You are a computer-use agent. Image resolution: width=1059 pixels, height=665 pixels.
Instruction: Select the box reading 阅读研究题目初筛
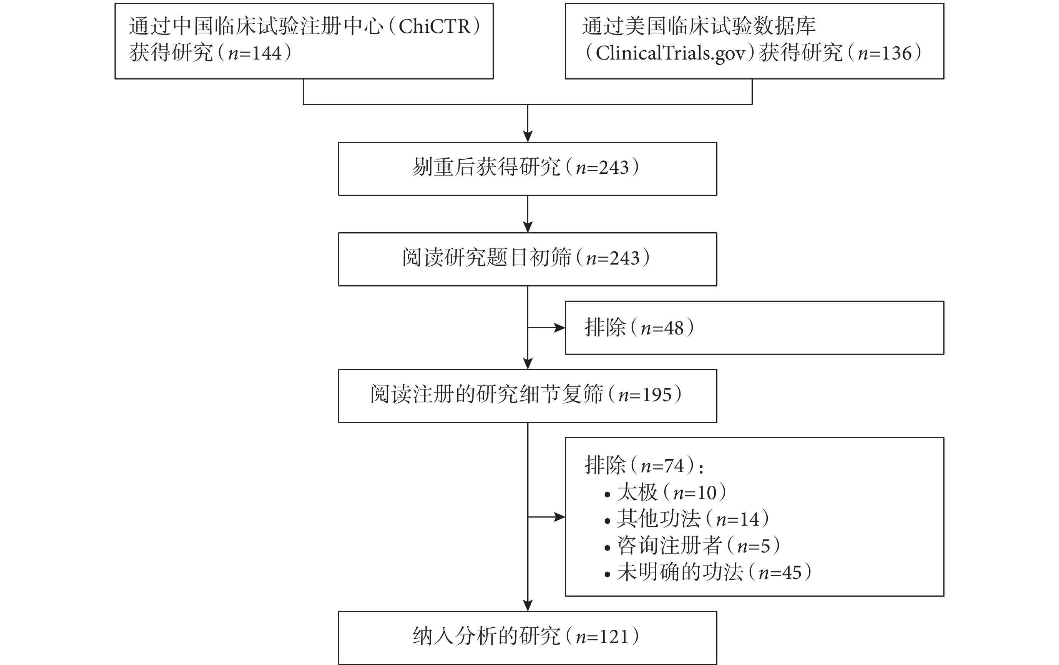pos(527,259)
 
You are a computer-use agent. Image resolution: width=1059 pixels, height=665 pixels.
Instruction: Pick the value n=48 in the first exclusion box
pos(662,328)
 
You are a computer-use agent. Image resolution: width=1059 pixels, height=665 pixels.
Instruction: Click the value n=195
pos(645,395)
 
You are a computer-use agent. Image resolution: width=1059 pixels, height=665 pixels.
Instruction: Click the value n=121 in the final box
pos(602,637)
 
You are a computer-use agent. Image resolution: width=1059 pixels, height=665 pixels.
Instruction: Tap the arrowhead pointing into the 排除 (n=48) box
pos(559,328)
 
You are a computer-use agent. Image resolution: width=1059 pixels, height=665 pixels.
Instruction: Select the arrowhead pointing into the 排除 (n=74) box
pos(559,517)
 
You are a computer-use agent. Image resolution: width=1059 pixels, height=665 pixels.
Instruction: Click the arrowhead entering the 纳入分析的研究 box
pos(528,605)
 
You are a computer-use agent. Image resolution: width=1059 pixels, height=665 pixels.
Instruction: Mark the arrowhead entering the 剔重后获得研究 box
pos(528,136)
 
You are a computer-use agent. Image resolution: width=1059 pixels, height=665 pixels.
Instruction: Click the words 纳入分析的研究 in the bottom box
pos(486,637)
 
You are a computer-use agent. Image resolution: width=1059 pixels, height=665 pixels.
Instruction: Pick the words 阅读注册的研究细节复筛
pos(486,394)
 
